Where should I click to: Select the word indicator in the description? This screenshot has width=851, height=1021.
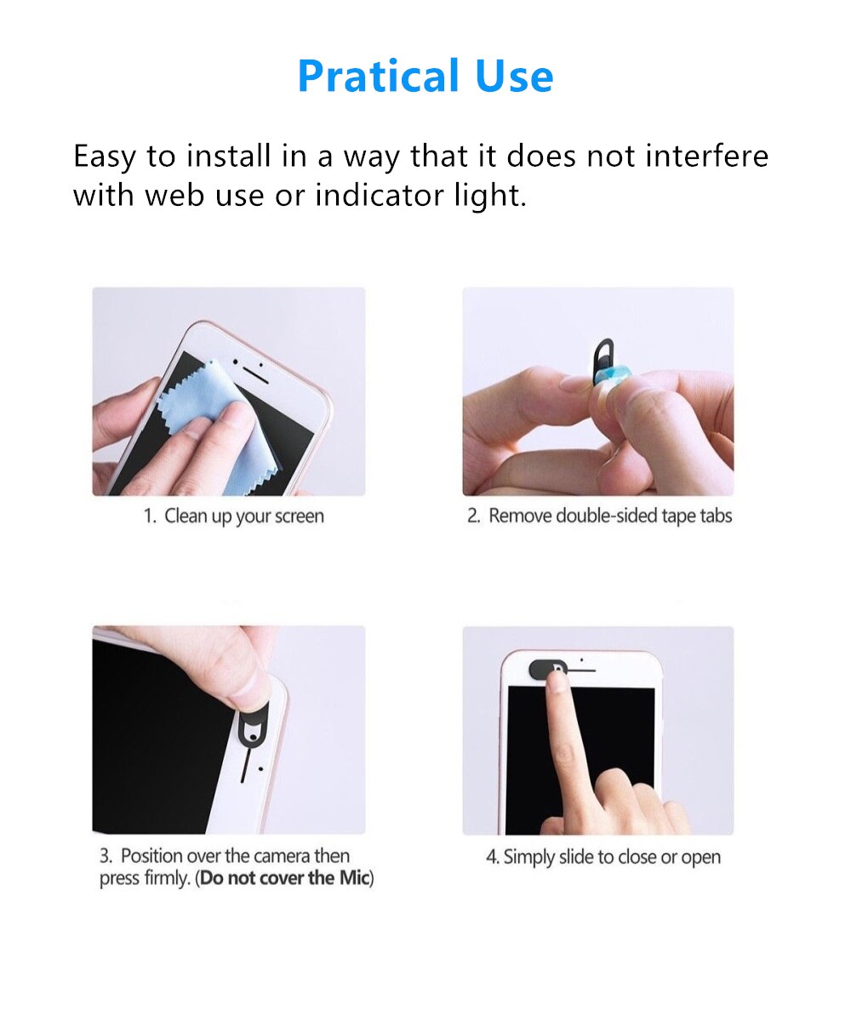tap(376, 195)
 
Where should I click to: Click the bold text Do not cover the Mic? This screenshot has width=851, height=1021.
tap(285, 879)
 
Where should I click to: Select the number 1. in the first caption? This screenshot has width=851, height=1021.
tap(150, 516)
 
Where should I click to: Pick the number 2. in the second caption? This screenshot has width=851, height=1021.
tap(474, 516)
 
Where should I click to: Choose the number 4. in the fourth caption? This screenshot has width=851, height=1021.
tap(492, 858)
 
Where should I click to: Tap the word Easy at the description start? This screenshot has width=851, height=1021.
tap(104, 157)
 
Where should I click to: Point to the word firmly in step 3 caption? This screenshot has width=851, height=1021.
tap(164, 879)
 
